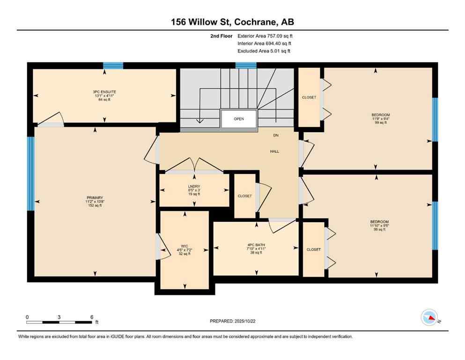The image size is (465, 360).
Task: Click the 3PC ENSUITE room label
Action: tap(104, 91)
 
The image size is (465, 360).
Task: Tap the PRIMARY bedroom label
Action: tap(94, 198)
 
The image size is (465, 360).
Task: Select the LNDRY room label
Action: tap(194, 186)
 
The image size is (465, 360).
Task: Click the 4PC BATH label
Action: tap(256, 244)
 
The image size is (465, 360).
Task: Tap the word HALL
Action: tap(274, 151)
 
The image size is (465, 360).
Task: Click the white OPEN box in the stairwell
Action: tap(239, 119)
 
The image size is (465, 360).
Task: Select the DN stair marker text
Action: tap(276, 135)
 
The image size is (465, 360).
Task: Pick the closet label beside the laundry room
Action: tap(244, 196)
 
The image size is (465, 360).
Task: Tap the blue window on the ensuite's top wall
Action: tap(113, 66)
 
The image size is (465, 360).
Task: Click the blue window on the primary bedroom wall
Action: tap(31, 173)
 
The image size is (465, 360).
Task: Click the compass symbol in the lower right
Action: tap(429, 317)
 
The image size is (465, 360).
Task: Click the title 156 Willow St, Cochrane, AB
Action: tap(232, 22)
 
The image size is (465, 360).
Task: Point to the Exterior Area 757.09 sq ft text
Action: tap(267, 36)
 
